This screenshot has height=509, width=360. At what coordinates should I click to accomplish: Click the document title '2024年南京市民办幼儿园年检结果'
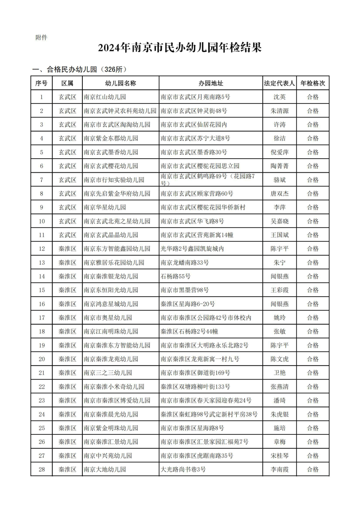tap(180, 48)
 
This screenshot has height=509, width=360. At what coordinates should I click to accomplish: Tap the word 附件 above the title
tap(41, 37)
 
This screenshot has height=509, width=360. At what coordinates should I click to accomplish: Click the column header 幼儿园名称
tap(121, 83)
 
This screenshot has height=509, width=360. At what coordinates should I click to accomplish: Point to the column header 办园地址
tap(211, 83)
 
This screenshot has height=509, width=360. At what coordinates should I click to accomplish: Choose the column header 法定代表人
tap(279, 83)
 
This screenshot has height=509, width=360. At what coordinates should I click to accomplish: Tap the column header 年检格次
tap(313, 83)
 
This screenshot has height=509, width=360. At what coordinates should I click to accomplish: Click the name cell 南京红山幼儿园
tap(105, 97)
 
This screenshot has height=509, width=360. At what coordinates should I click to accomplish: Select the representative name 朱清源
tap(279, 111)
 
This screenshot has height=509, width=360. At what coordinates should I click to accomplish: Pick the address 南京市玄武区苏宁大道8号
tap(195, 138)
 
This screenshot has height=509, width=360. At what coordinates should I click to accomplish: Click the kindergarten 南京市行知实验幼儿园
tap(114, 180)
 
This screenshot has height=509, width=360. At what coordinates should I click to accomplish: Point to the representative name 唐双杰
tap(279, 193)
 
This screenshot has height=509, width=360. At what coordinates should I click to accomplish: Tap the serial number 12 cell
tap(42, 249)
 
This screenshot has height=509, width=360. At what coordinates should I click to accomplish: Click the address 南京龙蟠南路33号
tap(184, 263)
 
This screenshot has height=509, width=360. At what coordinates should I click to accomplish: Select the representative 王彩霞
tap(279, 290)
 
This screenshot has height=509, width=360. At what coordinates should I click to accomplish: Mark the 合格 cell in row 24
tap(313, 414)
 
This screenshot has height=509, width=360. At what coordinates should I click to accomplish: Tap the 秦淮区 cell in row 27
tap(67, 455)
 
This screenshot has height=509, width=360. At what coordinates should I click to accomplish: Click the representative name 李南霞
tap(279, 469)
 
